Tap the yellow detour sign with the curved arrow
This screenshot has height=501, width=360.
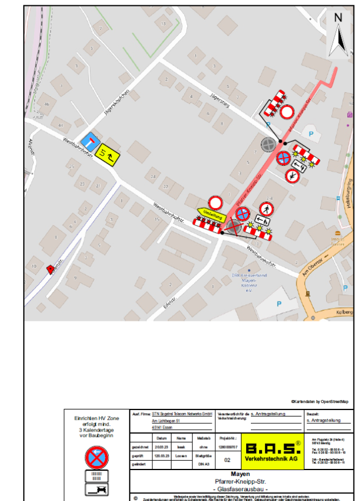point(108,155)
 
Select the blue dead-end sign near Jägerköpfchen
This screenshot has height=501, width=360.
point(89,142)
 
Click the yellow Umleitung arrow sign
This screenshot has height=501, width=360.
point(211,215)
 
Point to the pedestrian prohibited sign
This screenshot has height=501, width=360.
point(267,209)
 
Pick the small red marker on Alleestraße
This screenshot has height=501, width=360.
point(50,268)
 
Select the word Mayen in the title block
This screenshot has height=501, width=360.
point(240,475)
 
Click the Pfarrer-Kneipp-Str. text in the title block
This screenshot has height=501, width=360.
point(240,482)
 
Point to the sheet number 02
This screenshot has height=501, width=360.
point(228,459)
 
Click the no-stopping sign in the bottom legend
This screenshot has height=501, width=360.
point(97,457)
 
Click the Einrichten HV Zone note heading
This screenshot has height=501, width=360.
point(97,418)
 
